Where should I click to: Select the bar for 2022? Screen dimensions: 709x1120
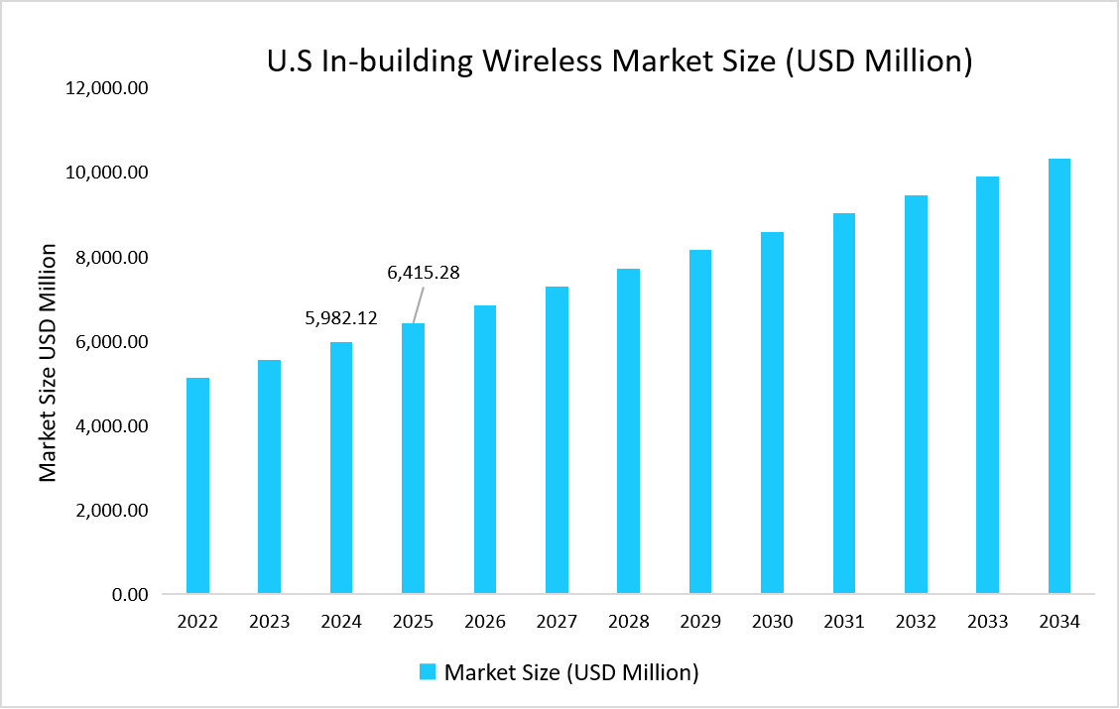[197, 486]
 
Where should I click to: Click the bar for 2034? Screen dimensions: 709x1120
[1058, 377]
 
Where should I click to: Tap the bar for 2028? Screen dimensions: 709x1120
[628, 431]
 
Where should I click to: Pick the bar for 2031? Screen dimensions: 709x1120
[843, 404]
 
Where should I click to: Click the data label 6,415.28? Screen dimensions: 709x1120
[423, 272]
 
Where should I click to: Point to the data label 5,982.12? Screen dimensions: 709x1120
[341, 318]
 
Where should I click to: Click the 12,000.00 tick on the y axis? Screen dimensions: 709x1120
[107, 88]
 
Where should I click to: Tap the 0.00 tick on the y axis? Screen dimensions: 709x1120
[128, 595]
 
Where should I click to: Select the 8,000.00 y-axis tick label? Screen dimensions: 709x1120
[112, 258]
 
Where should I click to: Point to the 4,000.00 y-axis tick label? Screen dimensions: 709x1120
[112, 426]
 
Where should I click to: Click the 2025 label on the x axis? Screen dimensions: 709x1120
[413, 622]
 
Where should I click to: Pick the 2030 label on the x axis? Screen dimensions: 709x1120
[772, 622]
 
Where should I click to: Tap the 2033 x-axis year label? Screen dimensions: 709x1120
[987, 622]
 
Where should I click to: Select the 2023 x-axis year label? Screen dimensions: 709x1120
[269, 622]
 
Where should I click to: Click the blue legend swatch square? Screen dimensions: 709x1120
[428, 672]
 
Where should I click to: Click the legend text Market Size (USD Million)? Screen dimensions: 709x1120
[571, 672]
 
